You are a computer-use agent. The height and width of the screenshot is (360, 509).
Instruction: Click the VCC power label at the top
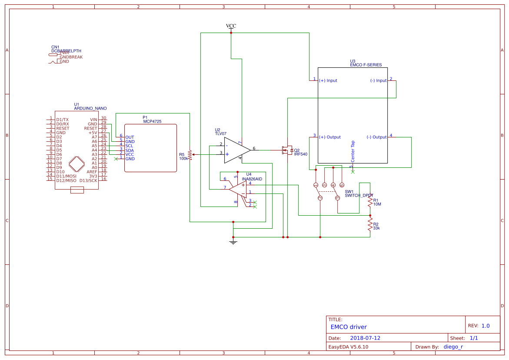pos(231,26)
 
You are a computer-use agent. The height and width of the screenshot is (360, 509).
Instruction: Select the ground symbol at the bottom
pos(233,241)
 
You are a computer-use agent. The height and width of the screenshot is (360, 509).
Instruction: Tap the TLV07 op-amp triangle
pos(236,150)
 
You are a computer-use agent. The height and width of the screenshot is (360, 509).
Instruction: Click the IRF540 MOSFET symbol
pos(286,150)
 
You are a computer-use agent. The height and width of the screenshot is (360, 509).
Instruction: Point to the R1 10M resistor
pos(370,202)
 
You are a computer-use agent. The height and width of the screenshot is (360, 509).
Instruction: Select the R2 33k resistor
pos(370,225)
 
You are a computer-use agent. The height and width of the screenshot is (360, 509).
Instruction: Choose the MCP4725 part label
pos(152,122)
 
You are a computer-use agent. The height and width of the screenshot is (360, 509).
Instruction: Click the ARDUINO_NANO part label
pos(90,108)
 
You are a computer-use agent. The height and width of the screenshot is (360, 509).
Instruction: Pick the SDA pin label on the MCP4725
pos(130,150)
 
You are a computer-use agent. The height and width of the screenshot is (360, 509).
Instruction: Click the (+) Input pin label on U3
pos(328,80)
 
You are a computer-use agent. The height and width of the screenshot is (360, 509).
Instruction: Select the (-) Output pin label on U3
pos(376,137)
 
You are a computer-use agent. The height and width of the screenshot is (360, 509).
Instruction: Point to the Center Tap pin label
pos(353,151)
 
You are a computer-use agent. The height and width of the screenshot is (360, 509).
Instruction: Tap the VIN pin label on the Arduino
pos(93,120)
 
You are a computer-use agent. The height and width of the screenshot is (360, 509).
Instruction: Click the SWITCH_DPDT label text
pos(359,196)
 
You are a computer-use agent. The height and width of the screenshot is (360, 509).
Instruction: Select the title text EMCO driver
pos(349,327)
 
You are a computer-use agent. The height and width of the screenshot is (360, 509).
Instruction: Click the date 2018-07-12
pos(365,338)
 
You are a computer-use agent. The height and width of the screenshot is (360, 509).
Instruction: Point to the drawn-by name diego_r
pos(453,347)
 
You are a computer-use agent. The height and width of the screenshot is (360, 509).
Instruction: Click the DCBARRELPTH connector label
pos(66,51)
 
